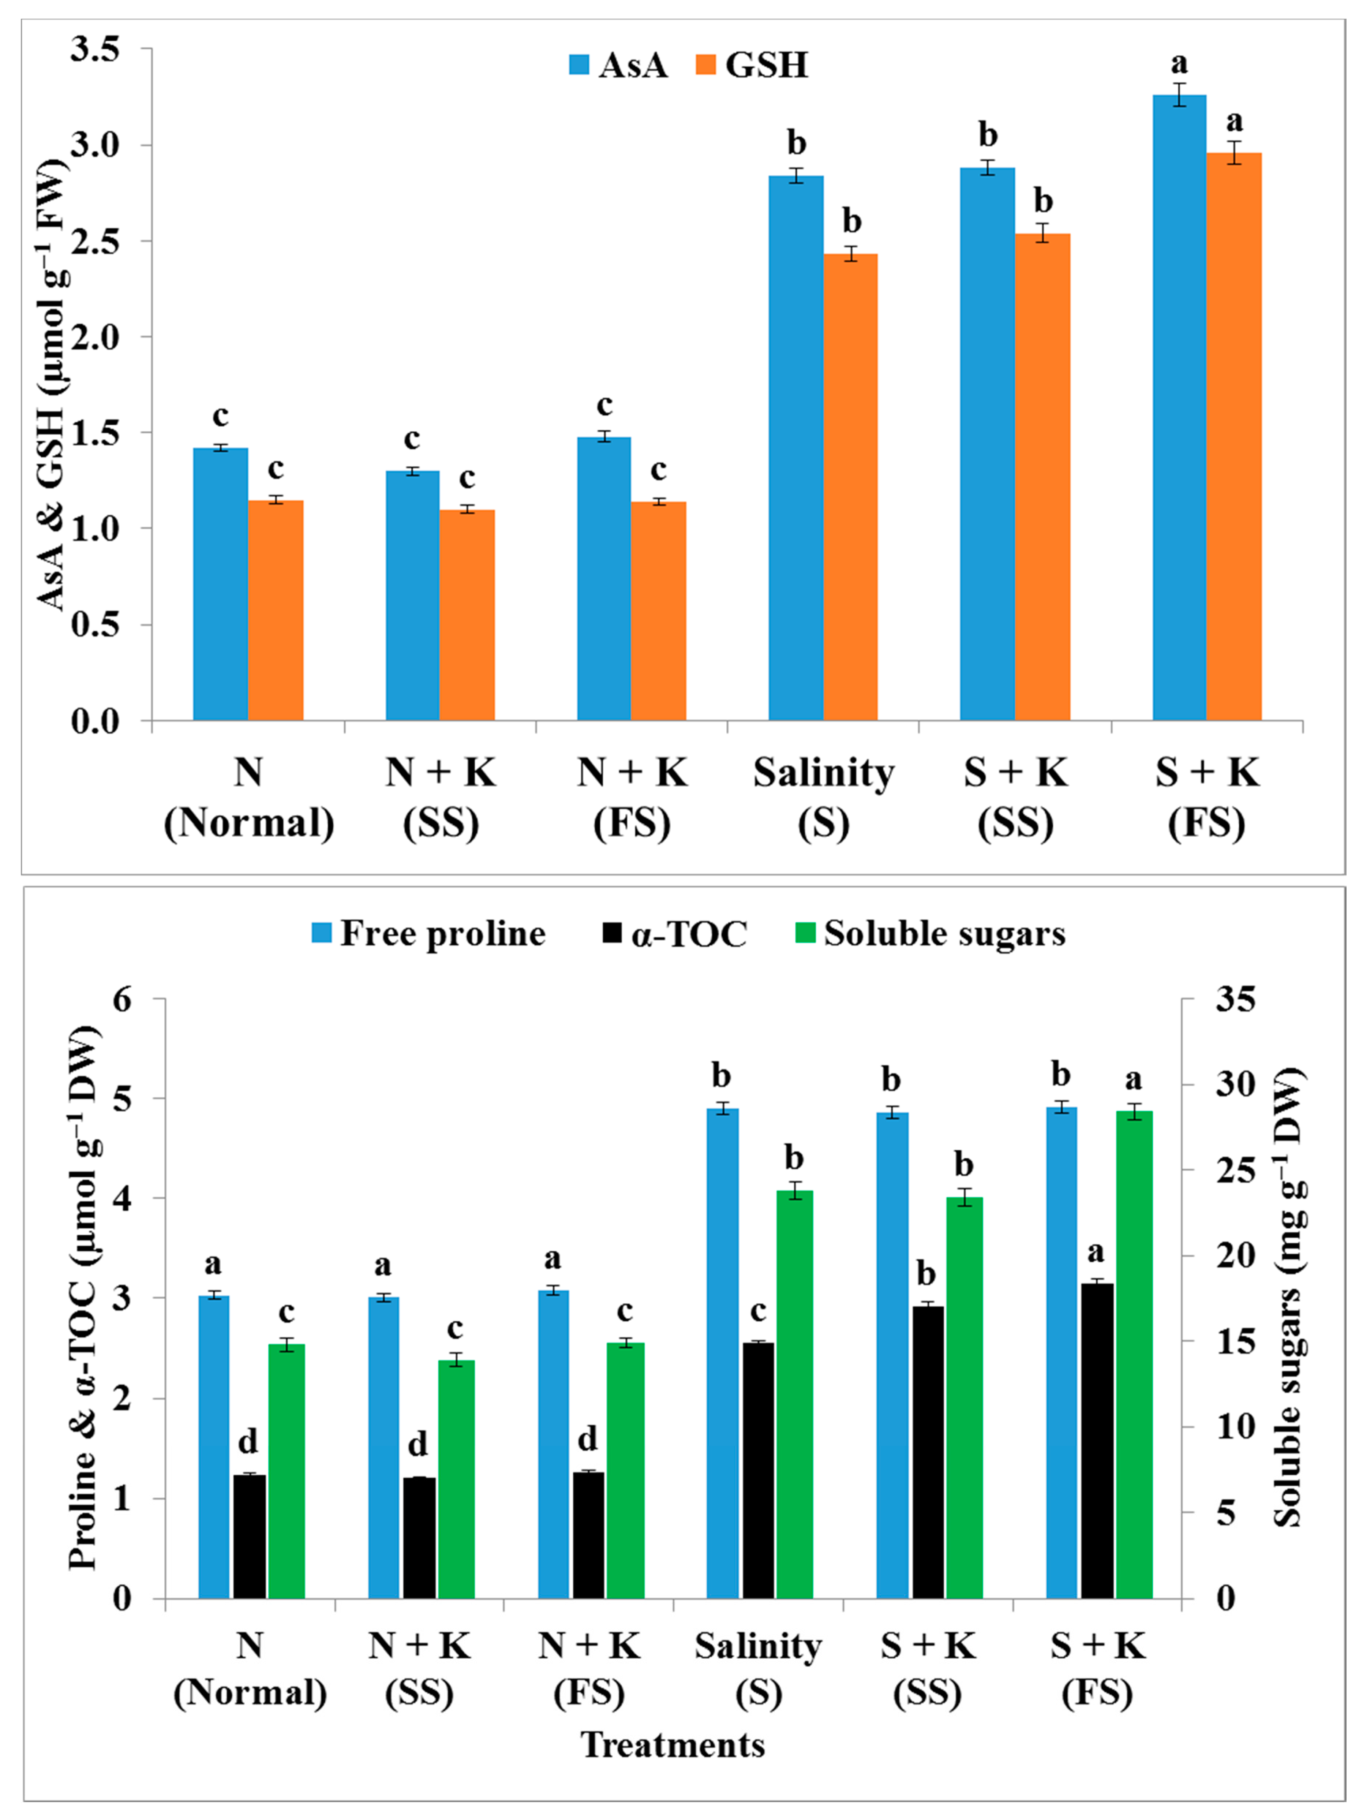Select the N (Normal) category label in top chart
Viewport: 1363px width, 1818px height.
pos(249,797)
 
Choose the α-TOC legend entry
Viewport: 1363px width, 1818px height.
pos(674,934)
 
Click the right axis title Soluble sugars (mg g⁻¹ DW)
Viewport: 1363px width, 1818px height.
pos(1290,1299)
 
